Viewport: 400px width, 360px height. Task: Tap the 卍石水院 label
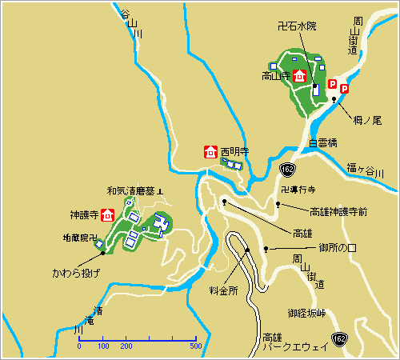(x=297, y=26)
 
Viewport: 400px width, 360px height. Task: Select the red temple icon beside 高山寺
(x=299, y=77)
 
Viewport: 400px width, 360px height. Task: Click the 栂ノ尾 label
(x=365, y=120)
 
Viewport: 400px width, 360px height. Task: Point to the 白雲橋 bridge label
(x=323, y=143)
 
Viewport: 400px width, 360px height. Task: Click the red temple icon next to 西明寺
(x=210, y=150)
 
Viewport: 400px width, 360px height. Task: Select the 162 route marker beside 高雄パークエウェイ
(x=340, y=339)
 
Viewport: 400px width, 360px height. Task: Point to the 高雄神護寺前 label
(x=338, y=212)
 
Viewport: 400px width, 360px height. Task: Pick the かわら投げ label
(x=77, y=273)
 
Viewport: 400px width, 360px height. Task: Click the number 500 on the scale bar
(x=194, y=347)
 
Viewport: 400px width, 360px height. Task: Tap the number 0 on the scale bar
(x=79, y=347)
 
